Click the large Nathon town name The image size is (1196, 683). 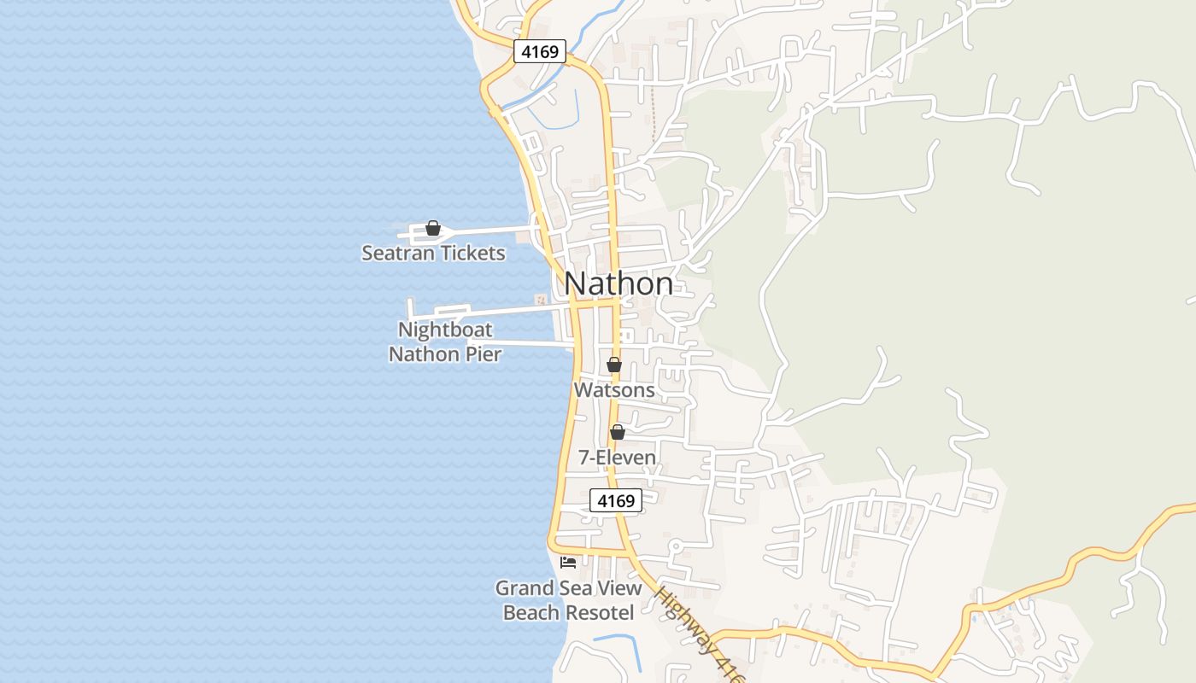click(619, 283)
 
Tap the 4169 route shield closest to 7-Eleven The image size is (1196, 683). click(616, 501)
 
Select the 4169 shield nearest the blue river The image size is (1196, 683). click(540, 52)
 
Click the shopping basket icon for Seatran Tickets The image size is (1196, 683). click(433, 228)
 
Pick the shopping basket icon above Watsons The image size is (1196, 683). click(613, 365)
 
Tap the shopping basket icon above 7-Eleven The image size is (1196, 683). click(617, 432)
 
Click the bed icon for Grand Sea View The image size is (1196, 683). click(568, 562)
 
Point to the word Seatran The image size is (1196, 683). click(396, 254)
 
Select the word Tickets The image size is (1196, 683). click(471, 254)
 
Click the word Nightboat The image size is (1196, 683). click(445, 330)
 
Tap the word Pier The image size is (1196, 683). click(484, 353)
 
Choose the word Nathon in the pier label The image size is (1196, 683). click(425, 353)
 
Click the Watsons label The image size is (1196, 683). click(614, 390)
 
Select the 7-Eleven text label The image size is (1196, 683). click(617, 458)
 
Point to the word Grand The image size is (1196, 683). click(524, 588)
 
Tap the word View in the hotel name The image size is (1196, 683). click(620, 588)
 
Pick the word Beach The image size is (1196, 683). click(527, 613)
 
